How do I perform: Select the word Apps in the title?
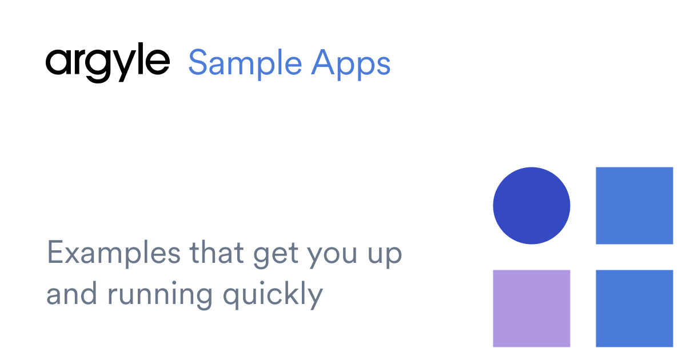point(351,63)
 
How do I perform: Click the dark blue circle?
point(532,206)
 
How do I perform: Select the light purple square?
point(532,309)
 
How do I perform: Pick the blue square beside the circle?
point(635,206)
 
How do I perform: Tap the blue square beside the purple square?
point(635,309)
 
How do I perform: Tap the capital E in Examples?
point(55,253)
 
